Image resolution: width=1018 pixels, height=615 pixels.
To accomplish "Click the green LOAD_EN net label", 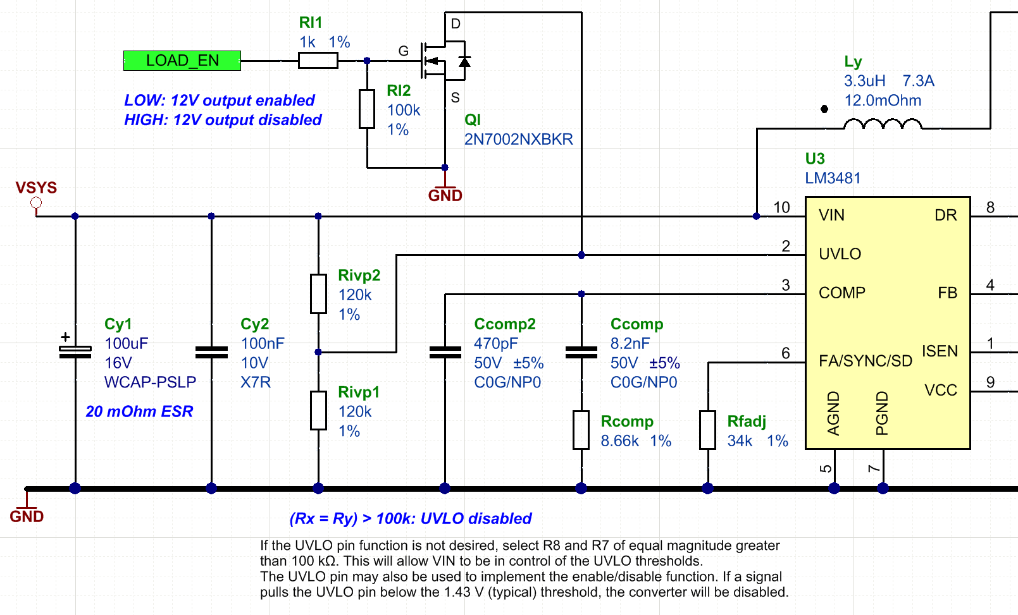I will [182, 61].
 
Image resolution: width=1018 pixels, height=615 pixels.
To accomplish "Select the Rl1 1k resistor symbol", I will [318, 61].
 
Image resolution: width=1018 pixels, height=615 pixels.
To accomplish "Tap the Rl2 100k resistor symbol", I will [367, 109].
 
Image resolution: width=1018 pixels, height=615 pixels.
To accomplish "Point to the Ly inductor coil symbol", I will [883, 124].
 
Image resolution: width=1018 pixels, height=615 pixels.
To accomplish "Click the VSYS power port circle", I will [36, 203].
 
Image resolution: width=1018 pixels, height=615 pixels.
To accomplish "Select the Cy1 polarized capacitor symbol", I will [75, 352].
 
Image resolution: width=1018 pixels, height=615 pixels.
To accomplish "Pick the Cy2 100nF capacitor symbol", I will [211, 352].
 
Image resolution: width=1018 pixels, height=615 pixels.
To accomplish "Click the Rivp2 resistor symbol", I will [318, 293].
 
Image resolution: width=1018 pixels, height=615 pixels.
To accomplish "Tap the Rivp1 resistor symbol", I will [318, 410].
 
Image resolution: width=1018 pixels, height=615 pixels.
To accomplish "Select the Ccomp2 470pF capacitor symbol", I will [445, 352].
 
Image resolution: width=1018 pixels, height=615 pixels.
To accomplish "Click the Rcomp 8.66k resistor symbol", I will [581, 430].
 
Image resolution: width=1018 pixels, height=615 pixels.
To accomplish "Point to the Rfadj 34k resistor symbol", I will [707, 430].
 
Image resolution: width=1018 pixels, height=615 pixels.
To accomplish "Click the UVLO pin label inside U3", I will [840, 254].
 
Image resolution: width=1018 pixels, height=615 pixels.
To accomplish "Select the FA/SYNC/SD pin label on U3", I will [865, 361].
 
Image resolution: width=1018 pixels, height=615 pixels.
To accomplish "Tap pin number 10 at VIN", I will [781, 207].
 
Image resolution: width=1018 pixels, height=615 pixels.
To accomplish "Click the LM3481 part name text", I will [833, 178].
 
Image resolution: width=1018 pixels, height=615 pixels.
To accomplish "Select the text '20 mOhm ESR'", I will [139, 411].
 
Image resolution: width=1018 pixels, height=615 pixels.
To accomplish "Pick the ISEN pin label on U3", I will [940, 351].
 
